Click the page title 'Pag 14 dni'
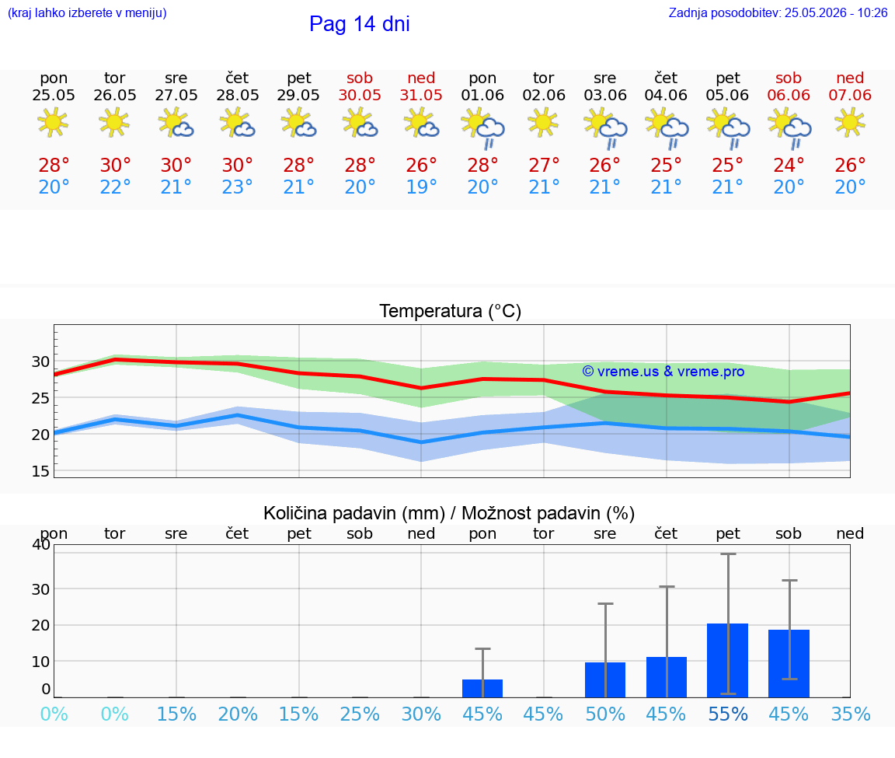360,24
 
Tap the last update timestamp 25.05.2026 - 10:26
836,12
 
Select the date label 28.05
238,95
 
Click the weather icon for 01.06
483,128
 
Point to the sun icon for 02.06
543,123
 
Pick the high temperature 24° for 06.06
789,165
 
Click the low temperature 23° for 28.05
238,187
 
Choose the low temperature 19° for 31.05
421,187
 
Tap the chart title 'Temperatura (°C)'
451,311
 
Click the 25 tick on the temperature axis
40,398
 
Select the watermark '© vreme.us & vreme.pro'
663,372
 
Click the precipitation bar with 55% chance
728,660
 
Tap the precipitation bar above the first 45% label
482,688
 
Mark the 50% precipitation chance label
605,714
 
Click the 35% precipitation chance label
851,714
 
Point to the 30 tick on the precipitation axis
40,589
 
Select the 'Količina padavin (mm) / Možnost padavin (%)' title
449,513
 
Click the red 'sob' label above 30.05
360,78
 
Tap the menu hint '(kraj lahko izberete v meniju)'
87,12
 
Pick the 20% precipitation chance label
238,714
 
